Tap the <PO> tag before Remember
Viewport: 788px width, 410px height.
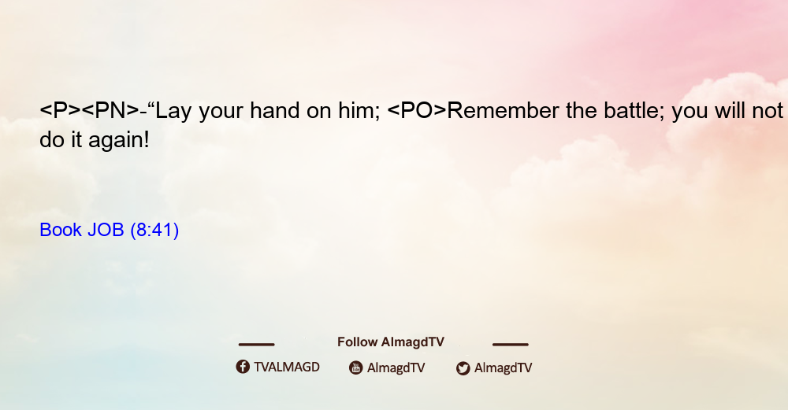coord(417,111)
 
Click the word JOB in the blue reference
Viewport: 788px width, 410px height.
coord(106,230)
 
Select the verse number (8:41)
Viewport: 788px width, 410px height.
coord(154,231)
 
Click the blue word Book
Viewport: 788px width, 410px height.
coord(61,230)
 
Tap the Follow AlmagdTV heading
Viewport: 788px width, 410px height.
coord(391,342)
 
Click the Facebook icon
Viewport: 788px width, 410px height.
coord(243,367)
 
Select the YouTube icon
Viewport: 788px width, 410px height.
coord(356,368)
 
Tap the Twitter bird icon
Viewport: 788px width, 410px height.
coord(463,368)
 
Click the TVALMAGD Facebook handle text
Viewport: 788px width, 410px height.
coord(287,368)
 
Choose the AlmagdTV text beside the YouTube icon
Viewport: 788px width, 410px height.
coord(396,368)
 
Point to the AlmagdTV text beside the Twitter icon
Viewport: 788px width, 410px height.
coord(503,368)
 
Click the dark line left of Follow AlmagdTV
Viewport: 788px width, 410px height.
coord(256,345)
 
